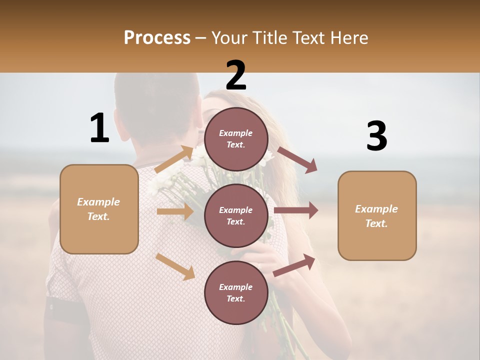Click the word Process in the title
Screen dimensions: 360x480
pyautogui.click(x=157, y=37)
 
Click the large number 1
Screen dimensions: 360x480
pyautogui.click(x=99, y=128)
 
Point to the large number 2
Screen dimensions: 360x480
pyautogui.click(x=236, y=75)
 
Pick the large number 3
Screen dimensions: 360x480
pyautogui.click(x=376, y=136)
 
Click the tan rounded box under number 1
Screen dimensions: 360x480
pyautogui.click(x=99, y=209)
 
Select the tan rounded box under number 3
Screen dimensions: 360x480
pyautogui.click(x=377, y=215)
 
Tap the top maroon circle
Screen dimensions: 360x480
pyautogui.click(x=236, y=139)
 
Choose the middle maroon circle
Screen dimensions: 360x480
pyautogui.click(x=236, y=215)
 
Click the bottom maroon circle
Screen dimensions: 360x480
pyautogui.click(x=236, y=292)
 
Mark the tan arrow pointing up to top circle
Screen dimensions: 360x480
pyautogui.click(x=174, y=160)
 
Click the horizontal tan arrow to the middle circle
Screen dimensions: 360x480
pyautogui.click(x=175, y=211)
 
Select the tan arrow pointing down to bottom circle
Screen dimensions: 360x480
pyautogui.click(x=175, y=266)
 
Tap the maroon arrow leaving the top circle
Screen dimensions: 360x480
pyautogui.click(x=297, y=159)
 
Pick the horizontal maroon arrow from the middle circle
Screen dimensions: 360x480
pyautogui.click(x=296, y=210)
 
